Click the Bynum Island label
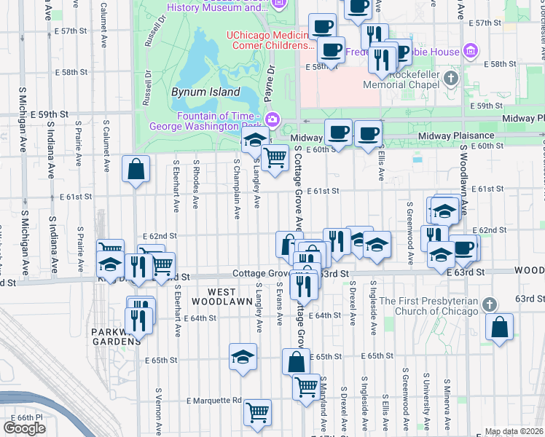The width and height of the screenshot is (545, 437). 205,92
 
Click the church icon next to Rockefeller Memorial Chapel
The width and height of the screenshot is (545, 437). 451,77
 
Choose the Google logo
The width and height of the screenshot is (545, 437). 25,428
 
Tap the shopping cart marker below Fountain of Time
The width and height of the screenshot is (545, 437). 274,157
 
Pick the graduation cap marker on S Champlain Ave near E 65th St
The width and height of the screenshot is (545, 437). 243,357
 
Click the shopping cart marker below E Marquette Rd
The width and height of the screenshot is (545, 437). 257,413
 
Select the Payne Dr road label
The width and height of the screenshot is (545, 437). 270,84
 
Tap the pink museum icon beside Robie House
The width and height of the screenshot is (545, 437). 471,52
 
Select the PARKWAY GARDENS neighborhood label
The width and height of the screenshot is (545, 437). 116,336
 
